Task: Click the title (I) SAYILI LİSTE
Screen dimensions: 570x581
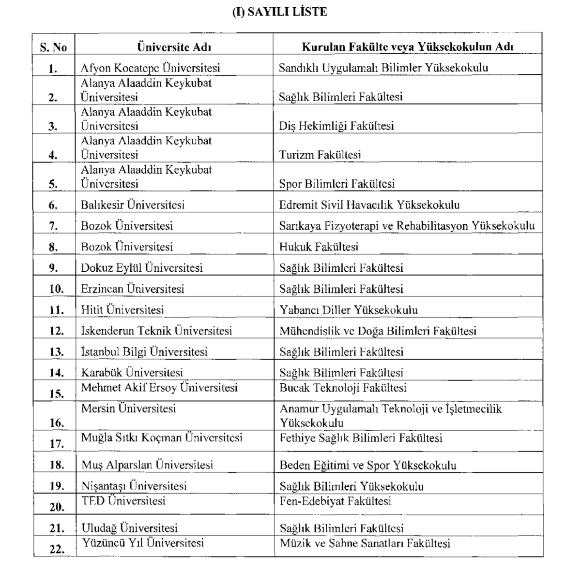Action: (x=280, y=12)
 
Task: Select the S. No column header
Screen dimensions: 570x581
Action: (x=53, y=47)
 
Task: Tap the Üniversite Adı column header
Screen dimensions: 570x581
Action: (x=174, y=47)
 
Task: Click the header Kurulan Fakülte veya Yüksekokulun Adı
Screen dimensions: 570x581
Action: (x=407, y=47)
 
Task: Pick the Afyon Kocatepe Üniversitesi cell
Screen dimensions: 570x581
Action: (x=150, y=68)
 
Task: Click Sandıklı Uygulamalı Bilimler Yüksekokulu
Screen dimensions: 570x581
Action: (x=383, y=68)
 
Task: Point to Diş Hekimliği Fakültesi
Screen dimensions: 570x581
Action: (x=336, y=126)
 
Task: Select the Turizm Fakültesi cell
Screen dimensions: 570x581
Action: (x=320, y=155)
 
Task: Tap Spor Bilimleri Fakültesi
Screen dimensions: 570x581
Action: (x=336, y=184)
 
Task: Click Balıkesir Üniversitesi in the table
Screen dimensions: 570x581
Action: (x=133, y=205)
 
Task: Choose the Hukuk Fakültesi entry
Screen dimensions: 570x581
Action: (x=319, y=247)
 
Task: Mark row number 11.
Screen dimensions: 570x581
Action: (x=56, y=310)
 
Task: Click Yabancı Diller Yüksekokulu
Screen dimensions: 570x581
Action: (x=348, y=309)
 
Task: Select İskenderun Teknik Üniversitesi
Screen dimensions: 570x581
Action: (x=156, y=331)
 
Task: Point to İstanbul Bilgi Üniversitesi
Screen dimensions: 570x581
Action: (x=144, y=351)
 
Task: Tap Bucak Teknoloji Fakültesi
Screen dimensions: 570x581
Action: (x=343, y=388)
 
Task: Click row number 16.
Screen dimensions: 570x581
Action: (x=56, y=423)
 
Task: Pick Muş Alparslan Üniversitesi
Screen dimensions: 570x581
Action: (x=147, y=465)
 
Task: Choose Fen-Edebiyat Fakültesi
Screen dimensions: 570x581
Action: (x=335, y=501)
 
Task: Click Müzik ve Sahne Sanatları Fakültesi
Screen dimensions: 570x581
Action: (x=365, y=543)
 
